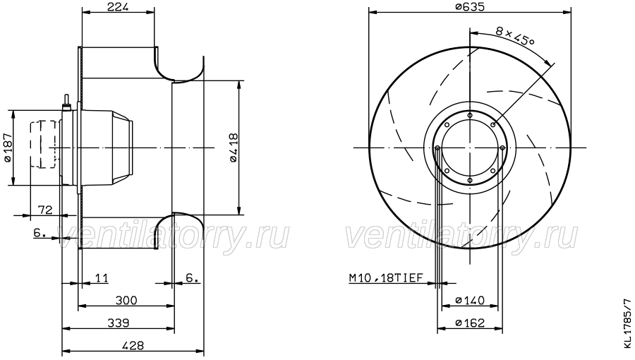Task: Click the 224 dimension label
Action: coord(119,6)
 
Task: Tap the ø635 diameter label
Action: coord(470,6)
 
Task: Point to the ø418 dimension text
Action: coord(234,148)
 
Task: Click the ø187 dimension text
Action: coord(8,148)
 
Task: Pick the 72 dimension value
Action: coord(45,210)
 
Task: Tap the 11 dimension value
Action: coord(102,278)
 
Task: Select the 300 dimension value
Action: coord(126,301)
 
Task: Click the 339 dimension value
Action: coord(119,323)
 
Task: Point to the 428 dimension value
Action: coord(133,346)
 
